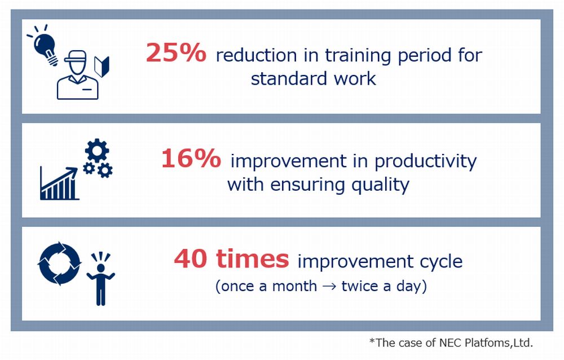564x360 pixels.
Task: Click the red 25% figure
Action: [x=176, y=52]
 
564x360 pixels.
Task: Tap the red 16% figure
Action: [x=191, y=159]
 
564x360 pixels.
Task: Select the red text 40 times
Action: [x=231, y=258]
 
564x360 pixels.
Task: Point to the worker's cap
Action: [x=76, y=57]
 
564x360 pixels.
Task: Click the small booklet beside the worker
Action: [x=102, y=67]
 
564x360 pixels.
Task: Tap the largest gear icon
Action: [x=97, y=151]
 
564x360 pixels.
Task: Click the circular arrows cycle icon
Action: [x=60, y=264]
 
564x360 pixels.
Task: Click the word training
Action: [x=358, y=56]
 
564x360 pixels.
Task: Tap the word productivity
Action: [x=425, y=161]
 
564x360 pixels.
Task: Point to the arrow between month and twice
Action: [x=329, y=287]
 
